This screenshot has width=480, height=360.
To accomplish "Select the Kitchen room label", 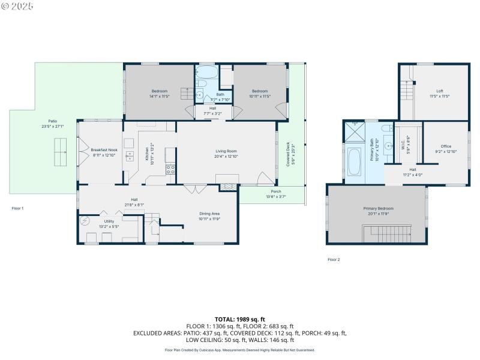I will [x=147, y=154].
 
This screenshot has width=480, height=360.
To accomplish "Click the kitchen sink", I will [x=130, y=156].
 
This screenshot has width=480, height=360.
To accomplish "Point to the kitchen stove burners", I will [x=170, y=169].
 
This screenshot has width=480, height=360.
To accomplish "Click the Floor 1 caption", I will [x=17, y=208].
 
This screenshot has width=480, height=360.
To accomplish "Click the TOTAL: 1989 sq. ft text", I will [x=239, y=319].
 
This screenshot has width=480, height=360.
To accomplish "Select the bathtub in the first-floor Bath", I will [x=208, y=74].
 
